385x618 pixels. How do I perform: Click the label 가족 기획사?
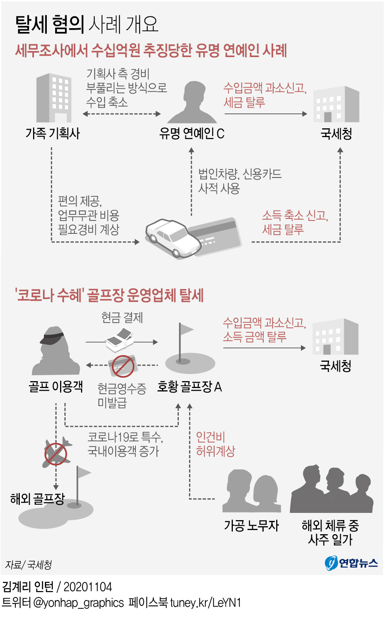pos(52,133)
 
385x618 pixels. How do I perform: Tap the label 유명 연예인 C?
pos(192,133)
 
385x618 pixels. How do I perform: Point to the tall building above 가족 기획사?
pos(54,98)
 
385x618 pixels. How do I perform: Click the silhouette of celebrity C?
pos(193,103)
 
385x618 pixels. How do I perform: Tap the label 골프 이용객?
pos(56,386)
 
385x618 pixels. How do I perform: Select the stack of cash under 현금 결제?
pos(119,340)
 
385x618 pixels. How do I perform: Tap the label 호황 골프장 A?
pos(189,387)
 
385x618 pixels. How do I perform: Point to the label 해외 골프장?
pos(37,498)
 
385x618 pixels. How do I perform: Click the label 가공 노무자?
pos(251,525)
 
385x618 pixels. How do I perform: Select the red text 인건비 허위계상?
pos(215,444)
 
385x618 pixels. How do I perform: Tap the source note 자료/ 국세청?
pos(29,565)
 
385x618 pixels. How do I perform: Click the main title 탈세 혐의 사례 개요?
pos(87,24)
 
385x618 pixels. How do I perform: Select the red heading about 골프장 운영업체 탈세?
pos(109,295)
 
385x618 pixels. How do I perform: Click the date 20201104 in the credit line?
pos(88,587)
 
